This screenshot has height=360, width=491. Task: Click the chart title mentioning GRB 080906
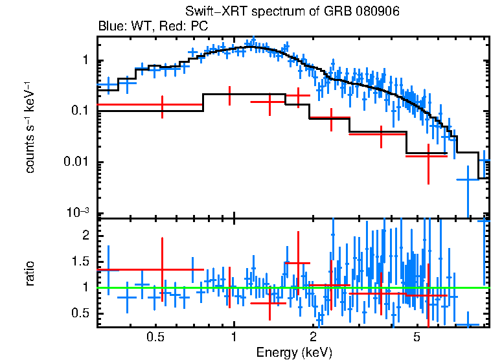click(292, 12)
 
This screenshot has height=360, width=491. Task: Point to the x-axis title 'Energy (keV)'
click(294, 352)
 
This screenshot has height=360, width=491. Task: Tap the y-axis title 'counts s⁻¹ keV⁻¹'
click(30, 127)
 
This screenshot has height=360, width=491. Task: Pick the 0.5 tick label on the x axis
click(155, 337)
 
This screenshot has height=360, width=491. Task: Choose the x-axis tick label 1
click(234, 337)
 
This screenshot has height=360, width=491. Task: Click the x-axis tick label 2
click(313, 337)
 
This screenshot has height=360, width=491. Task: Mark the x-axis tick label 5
click(417, 337)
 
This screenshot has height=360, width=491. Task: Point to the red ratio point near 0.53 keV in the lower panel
click(162, 269)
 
